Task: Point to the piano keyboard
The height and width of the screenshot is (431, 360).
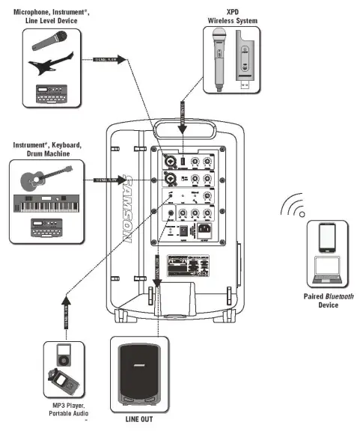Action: (47, 204)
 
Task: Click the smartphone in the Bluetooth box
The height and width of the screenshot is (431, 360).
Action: (327, 238)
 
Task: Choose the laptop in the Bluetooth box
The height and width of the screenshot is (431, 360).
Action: (327, 270)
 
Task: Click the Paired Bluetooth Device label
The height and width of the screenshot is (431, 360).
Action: (327, 300)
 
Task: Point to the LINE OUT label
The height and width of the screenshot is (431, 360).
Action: (138, 420)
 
